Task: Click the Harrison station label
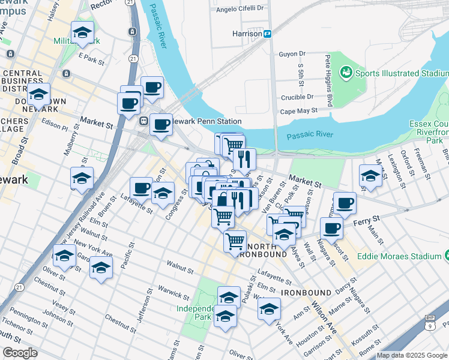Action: [x=247, y=34]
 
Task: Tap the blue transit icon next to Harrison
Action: [x=269, y=34]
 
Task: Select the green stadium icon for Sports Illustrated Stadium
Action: [x=345, y=73]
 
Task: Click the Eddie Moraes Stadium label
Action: [x=399, y=256]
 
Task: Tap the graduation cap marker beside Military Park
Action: [x=82, y=34]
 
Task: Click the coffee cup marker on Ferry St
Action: [x=331, y=229]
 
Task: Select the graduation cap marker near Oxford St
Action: [x=370, y=176]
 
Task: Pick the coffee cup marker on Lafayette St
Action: [x=141, y=188]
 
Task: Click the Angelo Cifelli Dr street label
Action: [x=240, y=8]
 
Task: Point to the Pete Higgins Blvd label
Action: [x=329, y=81]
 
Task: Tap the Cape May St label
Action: [x=298, y=111]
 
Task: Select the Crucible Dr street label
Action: [x=297, y=97]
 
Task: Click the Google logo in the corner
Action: [x=20, y=353]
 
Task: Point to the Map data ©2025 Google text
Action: [x=411, y=355]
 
